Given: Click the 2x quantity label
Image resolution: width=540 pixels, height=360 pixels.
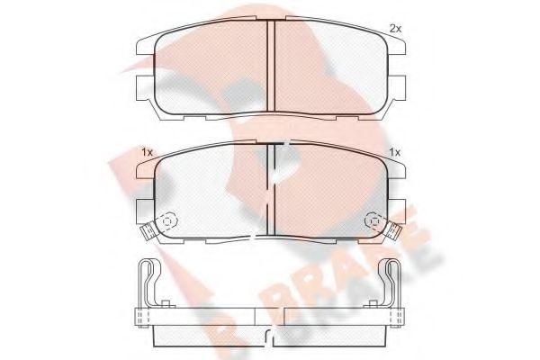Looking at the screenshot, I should coord(394,29).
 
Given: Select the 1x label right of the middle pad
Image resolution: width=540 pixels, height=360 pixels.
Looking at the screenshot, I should coord(394,151).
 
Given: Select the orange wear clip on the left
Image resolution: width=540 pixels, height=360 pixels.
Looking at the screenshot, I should coord(145,232).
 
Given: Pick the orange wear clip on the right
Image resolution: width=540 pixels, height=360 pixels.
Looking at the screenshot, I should coord(396,232).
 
